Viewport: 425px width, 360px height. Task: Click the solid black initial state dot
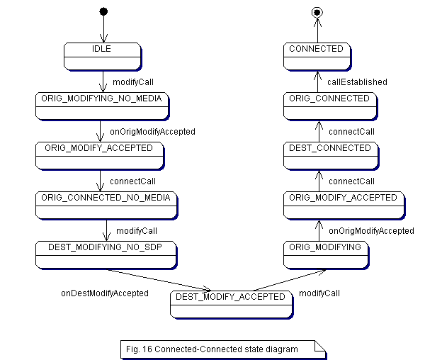tap(103, 11)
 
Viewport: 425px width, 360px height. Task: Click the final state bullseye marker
tap(317, 11)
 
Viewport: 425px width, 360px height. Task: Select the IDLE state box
tap(102, 56)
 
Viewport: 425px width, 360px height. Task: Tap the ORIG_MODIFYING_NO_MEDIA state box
tap(102, 106)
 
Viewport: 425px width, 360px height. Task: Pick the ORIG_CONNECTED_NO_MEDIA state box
tap(106, 205)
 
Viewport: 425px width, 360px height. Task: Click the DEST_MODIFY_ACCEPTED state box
tap(232, 304)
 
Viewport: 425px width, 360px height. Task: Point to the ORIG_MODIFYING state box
tap(326, 254)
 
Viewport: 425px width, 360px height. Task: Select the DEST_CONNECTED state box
tap(330, 155)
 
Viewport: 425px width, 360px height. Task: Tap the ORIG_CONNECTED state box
tap(329, 106)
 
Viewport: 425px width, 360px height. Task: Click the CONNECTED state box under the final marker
tap(317, 56)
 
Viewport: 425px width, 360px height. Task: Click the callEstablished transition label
tap(357, 82)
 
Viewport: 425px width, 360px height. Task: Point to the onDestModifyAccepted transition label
tap(104, 293)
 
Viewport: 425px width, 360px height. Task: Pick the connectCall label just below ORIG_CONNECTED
tap(351, 132)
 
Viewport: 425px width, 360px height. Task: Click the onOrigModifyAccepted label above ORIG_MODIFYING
tap(371, 231)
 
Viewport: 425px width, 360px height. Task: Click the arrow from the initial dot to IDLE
tap(103, 28)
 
